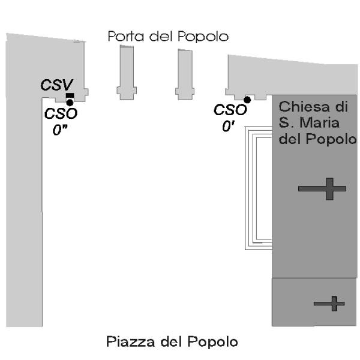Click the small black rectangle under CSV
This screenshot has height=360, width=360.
(70, 96)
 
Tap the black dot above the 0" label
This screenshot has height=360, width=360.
(70, 103)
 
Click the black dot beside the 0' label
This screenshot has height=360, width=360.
(247, 100)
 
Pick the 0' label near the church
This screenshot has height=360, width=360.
(227, 127)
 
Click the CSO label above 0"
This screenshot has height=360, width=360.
(61, 113)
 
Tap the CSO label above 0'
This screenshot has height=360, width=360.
(230, 110)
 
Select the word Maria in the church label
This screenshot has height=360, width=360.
(319, 124)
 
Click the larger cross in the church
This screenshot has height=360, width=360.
(323, 189)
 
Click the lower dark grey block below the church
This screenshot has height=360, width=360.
(314, 302)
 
